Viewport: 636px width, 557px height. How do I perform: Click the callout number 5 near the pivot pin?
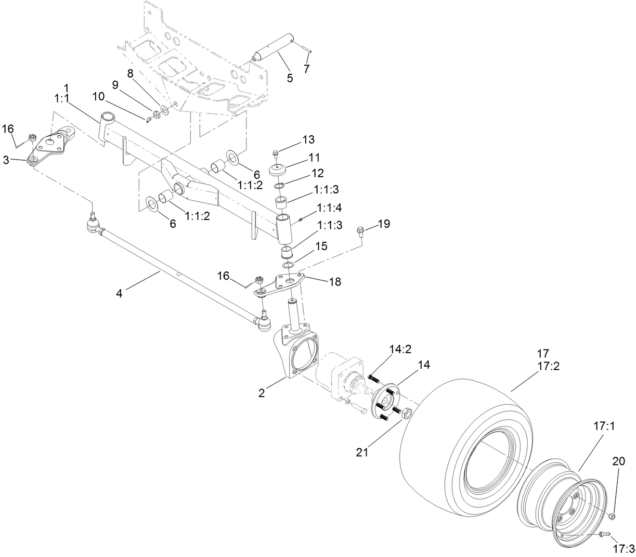[x=290, y=78]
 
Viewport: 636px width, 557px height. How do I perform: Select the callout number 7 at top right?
[x=306, y=68]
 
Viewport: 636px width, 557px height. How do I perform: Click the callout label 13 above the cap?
[x=308, y=139]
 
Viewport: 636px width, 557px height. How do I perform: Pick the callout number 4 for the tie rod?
[x=119, y=294]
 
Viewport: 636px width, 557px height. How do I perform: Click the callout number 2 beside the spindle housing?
[x=262, y=393]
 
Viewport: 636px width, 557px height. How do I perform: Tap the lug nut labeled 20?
[x=612, y=516]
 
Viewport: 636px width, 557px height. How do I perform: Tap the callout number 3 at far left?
[x=6, y=160]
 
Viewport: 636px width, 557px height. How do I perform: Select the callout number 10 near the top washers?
[x=99, y=96]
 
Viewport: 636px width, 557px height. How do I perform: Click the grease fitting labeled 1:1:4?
[x=302, y=222]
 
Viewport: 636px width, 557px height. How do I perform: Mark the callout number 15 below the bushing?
[x=321, y=246]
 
